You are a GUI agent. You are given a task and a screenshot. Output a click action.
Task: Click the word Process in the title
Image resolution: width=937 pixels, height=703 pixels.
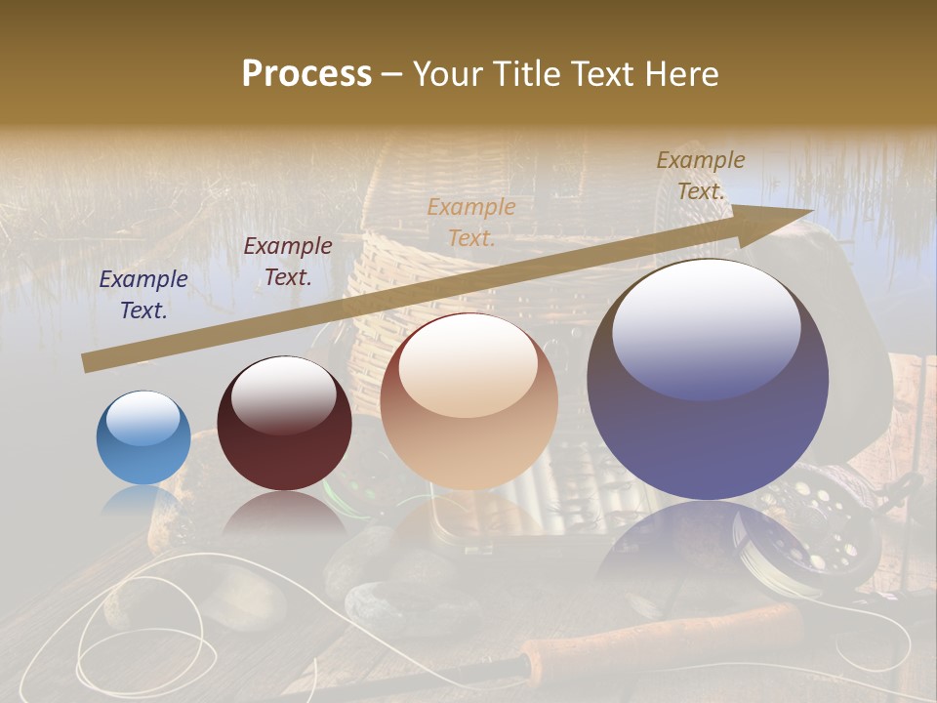[x=306, y=74]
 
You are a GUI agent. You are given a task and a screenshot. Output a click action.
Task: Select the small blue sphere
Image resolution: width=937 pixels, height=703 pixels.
[x=143, y=438]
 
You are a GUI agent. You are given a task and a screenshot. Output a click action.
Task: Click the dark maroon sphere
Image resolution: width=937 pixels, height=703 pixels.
[x=284, y=424]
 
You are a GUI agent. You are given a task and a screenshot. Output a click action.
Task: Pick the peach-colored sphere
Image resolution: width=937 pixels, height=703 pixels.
[x=468, y=401]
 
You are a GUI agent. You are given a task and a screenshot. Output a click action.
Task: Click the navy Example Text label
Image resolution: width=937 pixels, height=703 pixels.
[x=143, y=295]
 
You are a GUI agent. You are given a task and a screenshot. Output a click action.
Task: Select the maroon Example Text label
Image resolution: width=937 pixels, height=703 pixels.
[x=287, y=262]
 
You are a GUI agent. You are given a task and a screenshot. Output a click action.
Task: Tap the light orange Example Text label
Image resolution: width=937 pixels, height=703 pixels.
[x=471, y=222]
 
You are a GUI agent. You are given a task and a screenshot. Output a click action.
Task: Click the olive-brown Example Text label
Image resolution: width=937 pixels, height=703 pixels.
[x=701, y=176]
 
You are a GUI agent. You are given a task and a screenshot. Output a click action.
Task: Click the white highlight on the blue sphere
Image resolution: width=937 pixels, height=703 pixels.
[x=143, y=418]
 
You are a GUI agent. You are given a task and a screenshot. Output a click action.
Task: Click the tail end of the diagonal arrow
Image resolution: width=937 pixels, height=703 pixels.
[x=88, y=362]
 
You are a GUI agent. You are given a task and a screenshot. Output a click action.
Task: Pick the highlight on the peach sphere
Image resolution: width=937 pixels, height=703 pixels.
[x=468, y=366]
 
